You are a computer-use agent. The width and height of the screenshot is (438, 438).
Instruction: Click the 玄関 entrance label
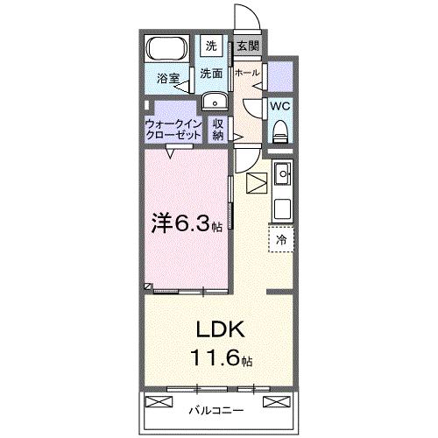247,46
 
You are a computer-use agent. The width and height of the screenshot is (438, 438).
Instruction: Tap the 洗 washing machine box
212,46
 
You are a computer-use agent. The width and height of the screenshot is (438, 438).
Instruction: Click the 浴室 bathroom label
168,79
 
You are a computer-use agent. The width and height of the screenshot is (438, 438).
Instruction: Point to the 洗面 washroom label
210,74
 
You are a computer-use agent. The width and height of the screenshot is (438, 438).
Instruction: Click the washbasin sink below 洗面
213,101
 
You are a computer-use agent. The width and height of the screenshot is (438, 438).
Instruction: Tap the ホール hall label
247,74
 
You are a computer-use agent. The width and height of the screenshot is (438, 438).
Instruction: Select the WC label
280,105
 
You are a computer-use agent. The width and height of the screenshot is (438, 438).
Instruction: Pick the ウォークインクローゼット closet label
173,131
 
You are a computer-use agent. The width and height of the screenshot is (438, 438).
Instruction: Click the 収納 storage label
218,131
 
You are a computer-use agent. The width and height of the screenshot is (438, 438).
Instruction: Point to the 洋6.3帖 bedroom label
186,223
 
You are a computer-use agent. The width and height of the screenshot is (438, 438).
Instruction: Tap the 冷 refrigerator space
281,238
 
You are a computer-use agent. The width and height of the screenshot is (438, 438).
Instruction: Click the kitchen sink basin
283,178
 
